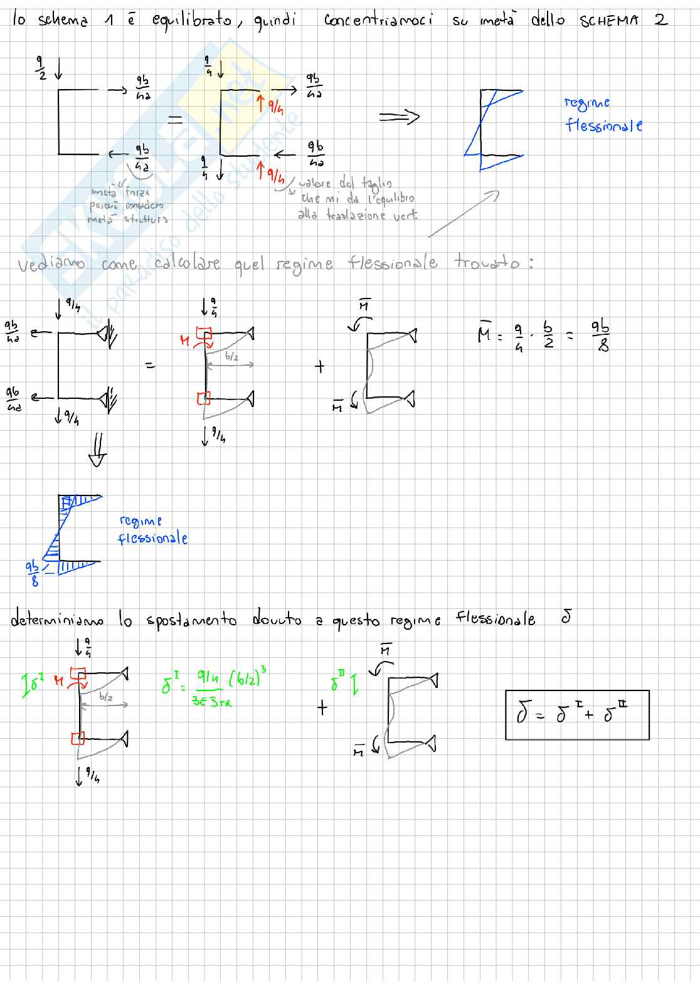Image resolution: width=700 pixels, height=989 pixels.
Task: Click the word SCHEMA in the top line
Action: pyautogui.click(x=608, y=20)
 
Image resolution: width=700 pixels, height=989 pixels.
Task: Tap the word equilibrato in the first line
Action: pyautogui.click(x=192, y=20)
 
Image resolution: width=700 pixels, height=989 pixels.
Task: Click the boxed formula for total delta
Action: pyautogui.click(x=577, y=715)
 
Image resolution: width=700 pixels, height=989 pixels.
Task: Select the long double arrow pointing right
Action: pyautogui.click(x=399, y=117)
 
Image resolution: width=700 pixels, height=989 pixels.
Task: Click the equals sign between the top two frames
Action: pyautogui.click(x=175, y=120)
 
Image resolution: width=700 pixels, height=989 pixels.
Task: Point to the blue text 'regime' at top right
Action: pyautogui.click(x=586, y=103)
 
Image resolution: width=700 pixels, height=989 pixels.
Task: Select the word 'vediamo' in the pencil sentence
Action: pyautogui.click(x=51, y=265)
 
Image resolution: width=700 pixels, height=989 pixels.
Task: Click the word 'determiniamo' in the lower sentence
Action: pyautogui.click(x=57, y=621)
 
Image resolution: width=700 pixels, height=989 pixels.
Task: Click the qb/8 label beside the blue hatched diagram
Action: pyautogui.click(x=33, y=573)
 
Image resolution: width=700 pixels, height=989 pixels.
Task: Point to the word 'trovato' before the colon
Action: pyautogui.click(x=487, y=262)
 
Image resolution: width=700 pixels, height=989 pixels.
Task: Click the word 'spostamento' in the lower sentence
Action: pyautogui.click(x=191, y=621)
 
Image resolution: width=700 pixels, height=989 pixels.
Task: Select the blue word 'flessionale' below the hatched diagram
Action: pyautogui.click(x=152, y=539)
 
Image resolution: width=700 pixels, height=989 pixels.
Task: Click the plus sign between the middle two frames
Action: pyautogui.click(x=320, y=366)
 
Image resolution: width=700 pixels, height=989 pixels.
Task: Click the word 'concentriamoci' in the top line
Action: pyautogui.click(x=378, y=20)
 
